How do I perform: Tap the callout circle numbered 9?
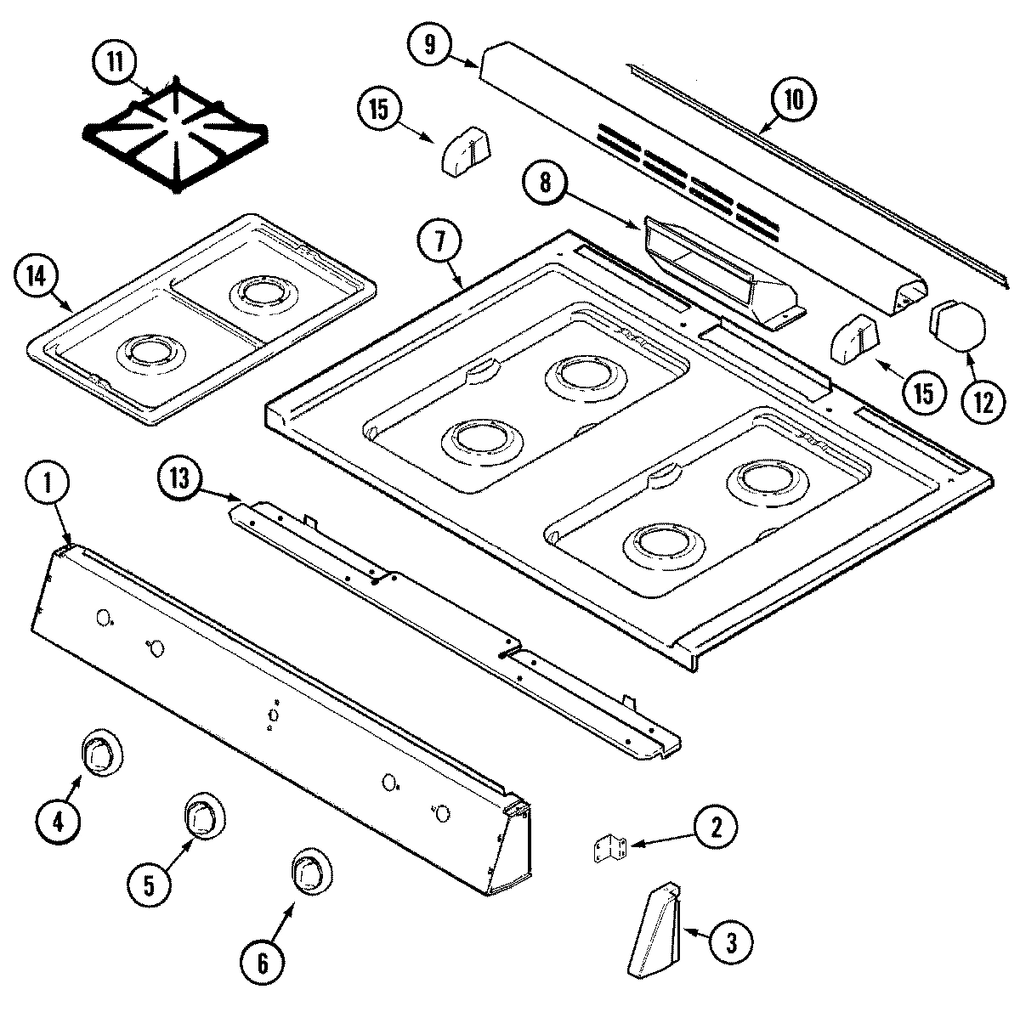click(430, 44)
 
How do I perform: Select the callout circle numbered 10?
click(792, 99)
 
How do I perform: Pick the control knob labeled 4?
click(101, 751)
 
